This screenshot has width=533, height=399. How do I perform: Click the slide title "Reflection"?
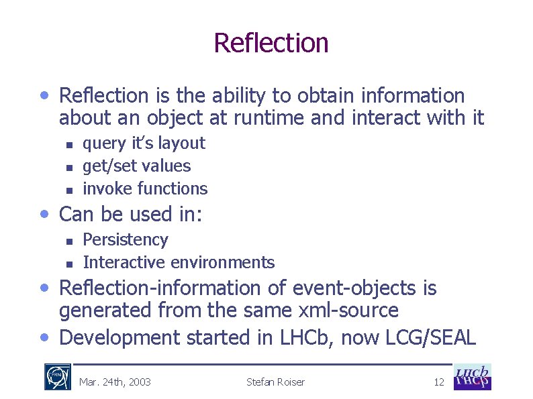[271, 43]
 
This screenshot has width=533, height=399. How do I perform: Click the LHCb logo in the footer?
[472, 377]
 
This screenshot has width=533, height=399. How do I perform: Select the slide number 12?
[438, 382]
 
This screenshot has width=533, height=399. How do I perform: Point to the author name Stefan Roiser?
[275, 382]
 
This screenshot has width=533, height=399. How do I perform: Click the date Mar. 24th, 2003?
[115, 382]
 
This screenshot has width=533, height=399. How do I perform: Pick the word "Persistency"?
[125, 239]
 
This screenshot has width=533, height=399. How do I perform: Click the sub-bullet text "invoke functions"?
[145, 188]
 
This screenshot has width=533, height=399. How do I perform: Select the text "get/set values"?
[136, 166]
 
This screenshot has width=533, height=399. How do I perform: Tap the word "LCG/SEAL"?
[431, 337]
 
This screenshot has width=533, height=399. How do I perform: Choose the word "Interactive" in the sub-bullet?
[124, 262]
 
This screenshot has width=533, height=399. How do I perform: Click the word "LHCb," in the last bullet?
[305, 337]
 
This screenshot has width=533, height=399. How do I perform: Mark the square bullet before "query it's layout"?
[68, 144]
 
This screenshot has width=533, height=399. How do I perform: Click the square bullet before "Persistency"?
[68, 240]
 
